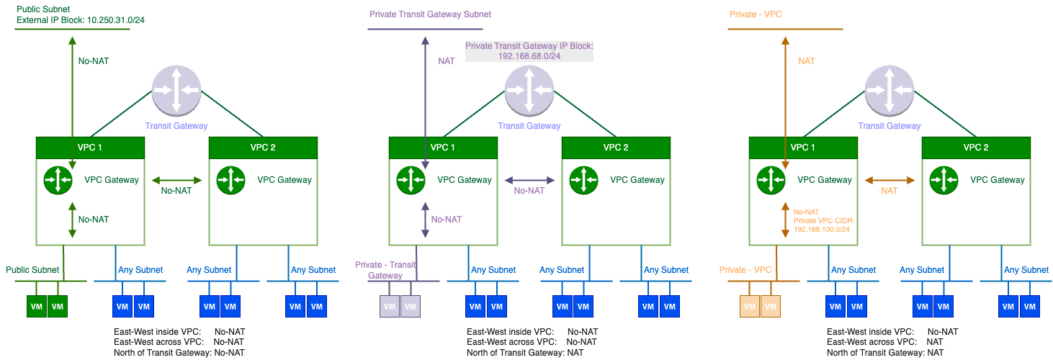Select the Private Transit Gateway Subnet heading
point(430,14)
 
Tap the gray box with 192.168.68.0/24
point(529,50)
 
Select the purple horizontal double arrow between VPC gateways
point(529,180)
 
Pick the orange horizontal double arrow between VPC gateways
point(890,180)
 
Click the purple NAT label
point(447,61)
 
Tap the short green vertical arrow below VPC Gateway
point(72,219)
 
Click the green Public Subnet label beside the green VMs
point(32,270)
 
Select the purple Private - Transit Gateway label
point(385,270)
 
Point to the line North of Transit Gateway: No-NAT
point(179,352)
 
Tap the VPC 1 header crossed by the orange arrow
point(803,148)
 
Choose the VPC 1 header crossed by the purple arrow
point(443,148)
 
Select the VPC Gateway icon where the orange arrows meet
point(771,180)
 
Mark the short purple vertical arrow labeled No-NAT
point(425,219)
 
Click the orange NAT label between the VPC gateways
point(890,191)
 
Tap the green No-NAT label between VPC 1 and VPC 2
point(176,192)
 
